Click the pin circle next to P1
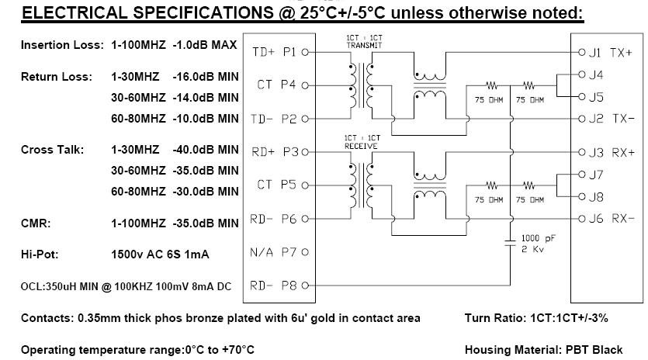click(305, 52)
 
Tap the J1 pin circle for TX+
click(582, 52)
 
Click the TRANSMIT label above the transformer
click(364, 46)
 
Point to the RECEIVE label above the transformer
click(361, 146)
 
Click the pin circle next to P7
click(305, 252)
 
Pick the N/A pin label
click(262, 252)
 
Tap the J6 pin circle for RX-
click(582, 219)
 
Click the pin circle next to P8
click(305, 286)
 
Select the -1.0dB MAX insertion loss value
click(205, 45)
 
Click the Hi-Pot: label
click(40, 254)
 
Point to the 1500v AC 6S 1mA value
click(160, 254)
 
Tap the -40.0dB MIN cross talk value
click(206, 150)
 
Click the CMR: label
click(36, 223)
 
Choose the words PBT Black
click(594, 350)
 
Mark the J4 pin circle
click(582, 74)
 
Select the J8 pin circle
click(582, 197)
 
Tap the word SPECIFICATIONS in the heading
click(203, 13)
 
